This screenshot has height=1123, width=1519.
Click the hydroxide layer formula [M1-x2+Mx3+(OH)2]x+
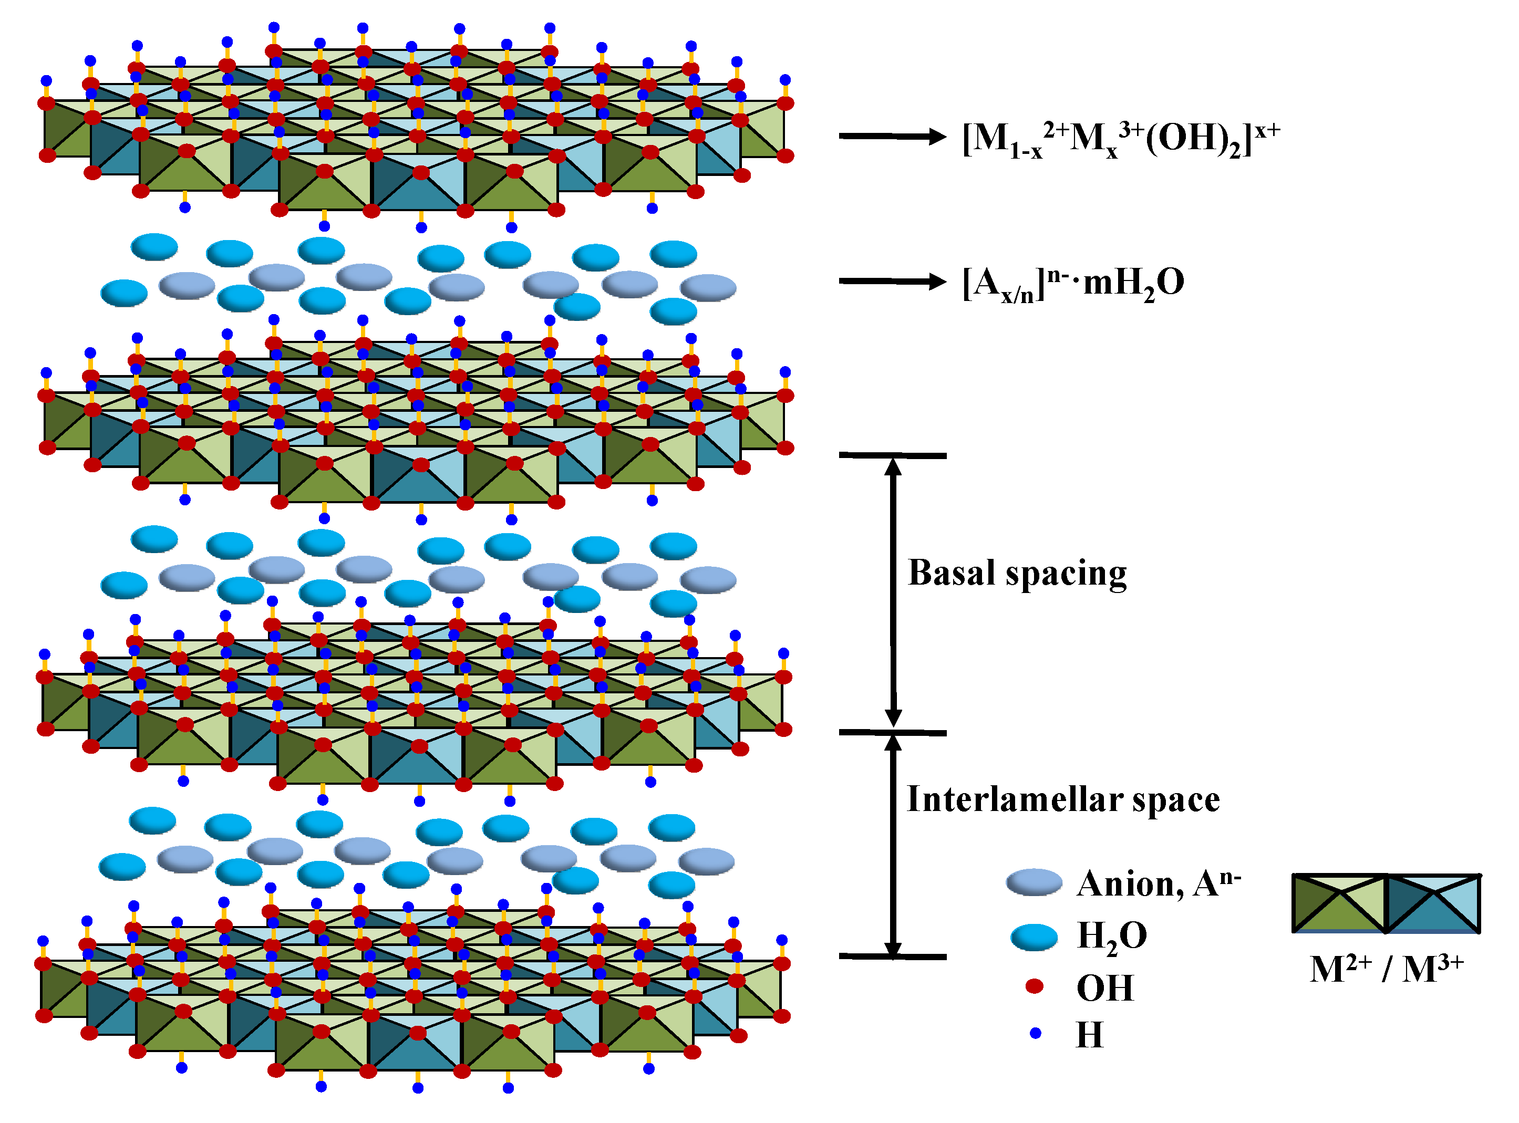1121,139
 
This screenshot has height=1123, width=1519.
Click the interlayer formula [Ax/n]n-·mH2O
1072,283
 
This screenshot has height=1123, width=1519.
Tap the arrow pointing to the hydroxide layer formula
892,137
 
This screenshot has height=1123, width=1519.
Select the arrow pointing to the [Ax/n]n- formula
892,280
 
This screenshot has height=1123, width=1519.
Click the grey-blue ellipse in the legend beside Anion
1034,882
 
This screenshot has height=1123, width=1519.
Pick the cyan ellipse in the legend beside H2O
1034,937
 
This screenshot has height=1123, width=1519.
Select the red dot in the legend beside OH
1034,986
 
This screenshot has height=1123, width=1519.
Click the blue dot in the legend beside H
1036,1033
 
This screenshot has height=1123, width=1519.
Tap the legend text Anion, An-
1159,883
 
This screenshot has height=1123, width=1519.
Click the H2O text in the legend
1112,937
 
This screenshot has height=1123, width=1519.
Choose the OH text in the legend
1105,989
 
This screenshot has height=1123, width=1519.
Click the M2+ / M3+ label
1386,970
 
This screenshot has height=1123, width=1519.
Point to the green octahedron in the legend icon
1339,904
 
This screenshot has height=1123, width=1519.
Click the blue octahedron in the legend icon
1433,904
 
